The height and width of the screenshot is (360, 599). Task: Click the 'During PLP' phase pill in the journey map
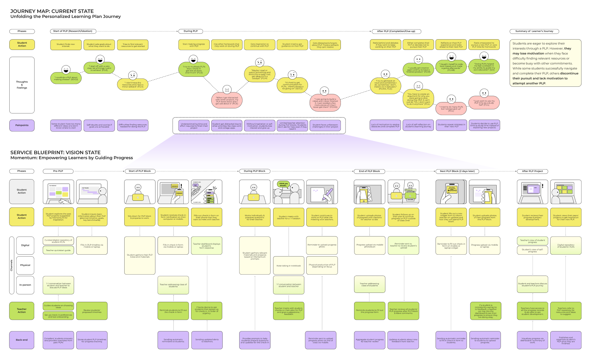pyautogui.click(x=190, y=31)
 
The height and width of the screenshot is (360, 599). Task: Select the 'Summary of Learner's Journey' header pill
pyautogui.click(x=534, y=31)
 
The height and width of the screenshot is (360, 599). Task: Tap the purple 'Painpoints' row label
pyautogui.click(x=22, y=125)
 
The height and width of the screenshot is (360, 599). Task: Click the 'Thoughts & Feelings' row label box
pyautogui.click(x=22, y=85)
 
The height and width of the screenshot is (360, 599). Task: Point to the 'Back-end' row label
pyautogui.click(x=22, y=340)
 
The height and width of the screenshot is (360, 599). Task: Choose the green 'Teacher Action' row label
pyautogui.click(x=22, y=310)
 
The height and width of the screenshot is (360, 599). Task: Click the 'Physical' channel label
pyautogui.click(x=25, y=265)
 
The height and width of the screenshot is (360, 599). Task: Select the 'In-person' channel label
pyautogui.click(x=25, y=285)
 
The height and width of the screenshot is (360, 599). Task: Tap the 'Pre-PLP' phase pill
pyautogui.click(x=58, y=171)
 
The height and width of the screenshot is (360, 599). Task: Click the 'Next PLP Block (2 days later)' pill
pyautogui.click(x=457, y=171)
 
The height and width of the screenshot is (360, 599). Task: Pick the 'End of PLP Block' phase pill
pyautogui.click(x=369, y=171)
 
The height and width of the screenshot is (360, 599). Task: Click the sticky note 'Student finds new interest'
pyautogui.click(x=66, y=45)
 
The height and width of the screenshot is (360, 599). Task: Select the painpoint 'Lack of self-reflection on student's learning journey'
pyautogui.click(x=418, y=125)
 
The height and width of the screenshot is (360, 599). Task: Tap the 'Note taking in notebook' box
pyautogui.click(x=288, y=266)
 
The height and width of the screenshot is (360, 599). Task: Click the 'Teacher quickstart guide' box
pyautogui.click(x=58, y=250)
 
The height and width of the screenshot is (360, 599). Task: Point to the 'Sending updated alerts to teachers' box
pyautogui.click(x=207, y=340)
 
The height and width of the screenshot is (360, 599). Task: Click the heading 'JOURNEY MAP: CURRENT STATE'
pyautogui.click(x=52, y=11)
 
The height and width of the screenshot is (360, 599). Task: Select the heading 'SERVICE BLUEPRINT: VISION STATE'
pyautogui.click(x=55, y=153)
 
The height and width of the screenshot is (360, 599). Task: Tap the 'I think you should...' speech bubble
pyautogui.click(x=283, y=184)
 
